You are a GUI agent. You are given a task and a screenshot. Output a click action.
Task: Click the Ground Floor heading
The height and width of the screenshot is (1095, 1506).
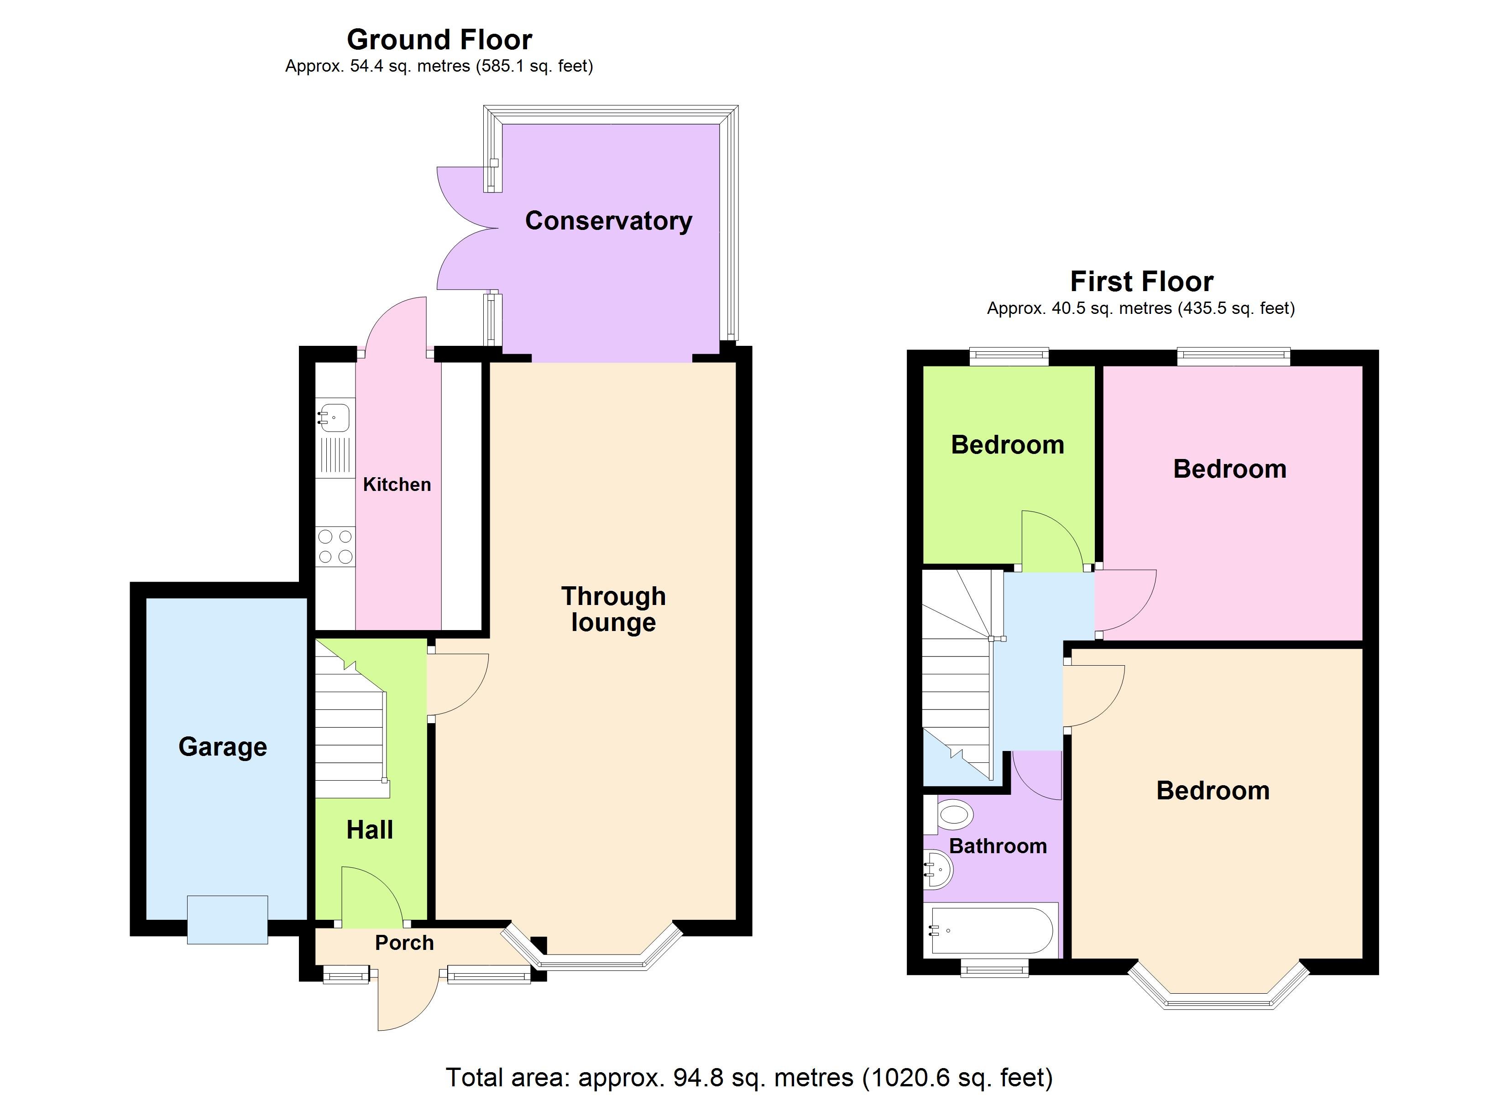[x=439, y=40]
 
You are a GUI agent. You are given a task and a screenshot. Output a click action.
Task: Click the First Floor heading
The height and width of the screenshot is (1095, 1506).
[x=1141, y=282]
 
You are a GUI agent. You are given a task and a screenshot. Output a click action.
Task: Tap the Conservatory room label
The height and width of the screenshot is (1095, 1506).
[x=608, y=220]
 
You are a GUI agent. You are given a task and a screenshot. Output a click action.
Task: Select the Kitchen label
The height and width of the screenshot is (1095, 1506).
[x=397, y=485]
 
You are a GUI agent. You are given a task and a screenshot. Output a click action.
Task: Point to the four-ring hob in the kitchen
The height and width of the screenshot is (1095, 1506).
[x=335, y=547]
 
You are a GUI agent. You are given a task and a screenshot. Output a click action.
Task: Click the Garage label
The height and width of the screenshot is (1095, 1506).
[x=222, y=746]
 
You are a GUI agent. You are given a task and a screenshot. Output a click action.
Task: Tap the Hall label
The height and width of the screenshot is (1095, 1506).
[x=370, y=830]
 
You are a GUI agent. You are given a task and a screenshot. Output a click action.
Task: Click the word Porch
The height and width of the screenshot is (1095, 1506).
[x=404, y=943]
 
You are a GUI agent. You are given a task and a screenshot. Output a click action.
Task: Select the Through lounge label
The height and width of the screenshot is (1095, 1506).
[x=613, y=609]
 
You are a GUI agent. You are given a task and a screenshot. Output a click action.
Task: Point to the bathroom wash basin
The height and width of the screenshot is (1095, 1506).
[x=938, y=869]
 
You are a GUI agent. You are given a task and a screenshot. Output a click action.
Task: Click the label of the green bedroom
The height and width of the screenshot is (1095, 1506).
[x=1007, y=445]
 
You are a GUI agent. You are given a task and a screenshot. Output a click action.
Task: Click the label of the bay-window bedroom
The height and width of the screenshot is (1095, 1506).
[x=1213, y=791]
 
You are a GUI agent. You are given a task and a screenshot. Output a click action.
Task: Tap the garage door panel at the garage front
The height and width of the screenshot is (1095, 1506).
[x=227, y=920]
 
